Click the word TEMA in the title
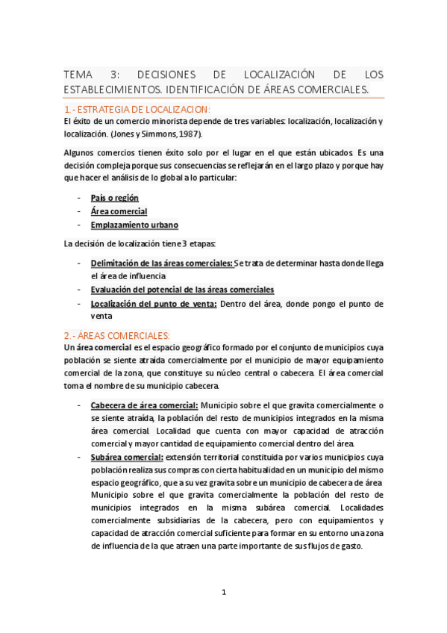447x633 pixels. point(78,75)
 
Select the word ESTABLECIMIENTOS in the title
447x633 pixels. point(111,90)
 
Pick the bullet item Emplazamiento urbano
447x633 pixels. point(134,225)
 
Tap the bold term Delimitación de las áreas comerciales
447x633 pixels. point(161,263)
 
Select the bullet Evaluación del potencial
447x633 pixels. point(182,290)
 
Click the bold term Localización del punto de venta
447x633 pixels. point(154,303)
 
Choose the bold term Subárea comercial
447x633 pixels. point(127,457)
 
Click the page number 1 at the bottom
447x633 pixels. point(223,592)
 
